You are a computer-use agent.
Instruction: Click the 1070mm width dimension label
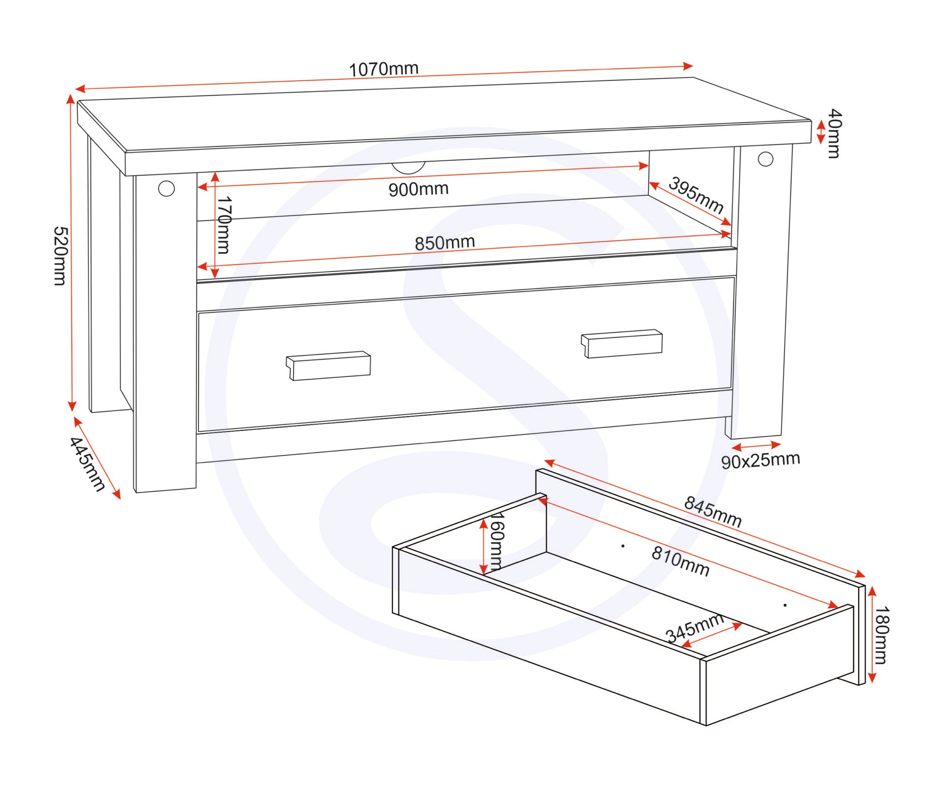(383, 69)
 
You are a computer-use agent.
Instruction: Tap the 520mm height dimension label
(60, 256)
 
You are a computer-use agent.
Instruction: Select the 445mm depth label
(87, 464)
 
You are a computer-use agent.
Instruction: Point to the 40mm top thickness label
(834, 134)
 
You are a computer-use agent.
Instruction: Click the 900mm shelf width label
(418, 189)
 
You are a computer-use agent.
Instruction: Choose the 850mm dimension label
(445, 243)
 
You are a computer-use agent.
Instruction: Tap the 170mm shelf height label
(224, 225)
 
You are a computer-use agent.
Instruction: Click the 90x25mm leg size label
(760, 460)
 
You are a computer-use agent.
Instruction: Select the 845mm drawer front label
(713, 511)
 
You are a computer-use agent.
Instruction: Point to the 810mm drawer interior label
(680, 561)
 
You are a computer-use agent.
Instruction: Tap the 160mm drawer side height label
(497, 541)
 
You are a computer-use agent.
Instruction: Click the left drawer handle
(329, 365)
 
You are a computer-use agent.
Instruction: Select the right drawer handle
(622, 344)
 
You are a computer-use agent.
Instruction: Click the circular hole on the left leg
(166, 189)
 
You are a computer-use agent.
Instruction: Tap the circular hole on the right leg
(766, 159)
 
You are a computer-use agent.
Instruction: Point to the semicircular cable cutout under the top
(408, 168)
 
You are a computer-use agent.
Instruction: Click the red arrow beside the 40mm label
(821, 132)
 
